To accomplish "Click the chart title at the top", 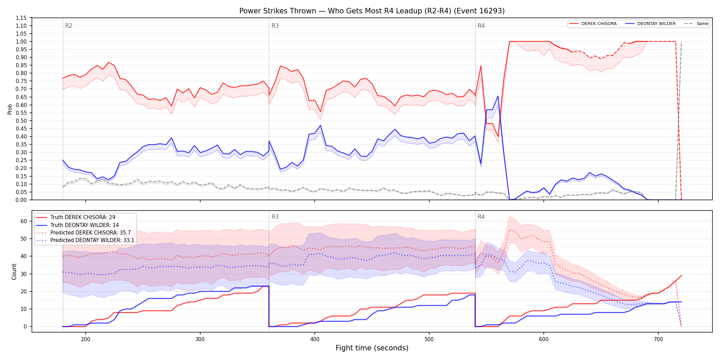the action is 372,11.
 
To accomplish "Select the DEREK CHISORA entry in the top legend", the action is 593,24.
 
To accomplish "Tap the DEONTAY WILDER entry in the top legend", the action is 650,24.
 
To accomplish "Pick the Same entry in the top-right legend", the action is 696,24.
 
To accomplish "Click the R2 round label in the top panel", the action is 69,26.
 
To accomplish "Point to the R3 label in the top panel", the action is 275,26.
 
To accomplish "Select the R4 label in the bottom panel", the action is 481,217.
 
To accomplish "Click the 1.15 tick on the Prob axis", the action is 21,18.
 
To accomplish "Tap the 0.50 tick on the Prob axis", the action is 21,121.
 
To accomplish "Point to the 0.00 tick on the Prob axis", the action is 21,200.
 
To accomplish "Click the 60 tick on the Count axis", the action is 24,221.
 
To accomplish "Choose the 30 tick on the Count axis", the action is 24,274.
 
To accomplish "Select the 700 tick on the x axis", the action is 658,339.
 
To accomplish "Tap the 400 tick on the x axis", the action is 315,339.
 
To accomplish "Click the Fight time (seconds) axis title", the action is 372,348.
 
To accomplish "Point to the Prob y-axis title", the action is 10,109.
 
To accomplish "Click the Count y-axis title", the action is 14,272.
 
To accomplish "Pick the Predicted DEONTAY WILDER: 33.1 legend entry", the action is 85,240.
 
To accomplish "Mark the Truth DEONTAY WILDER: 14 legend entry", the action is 77,225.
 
